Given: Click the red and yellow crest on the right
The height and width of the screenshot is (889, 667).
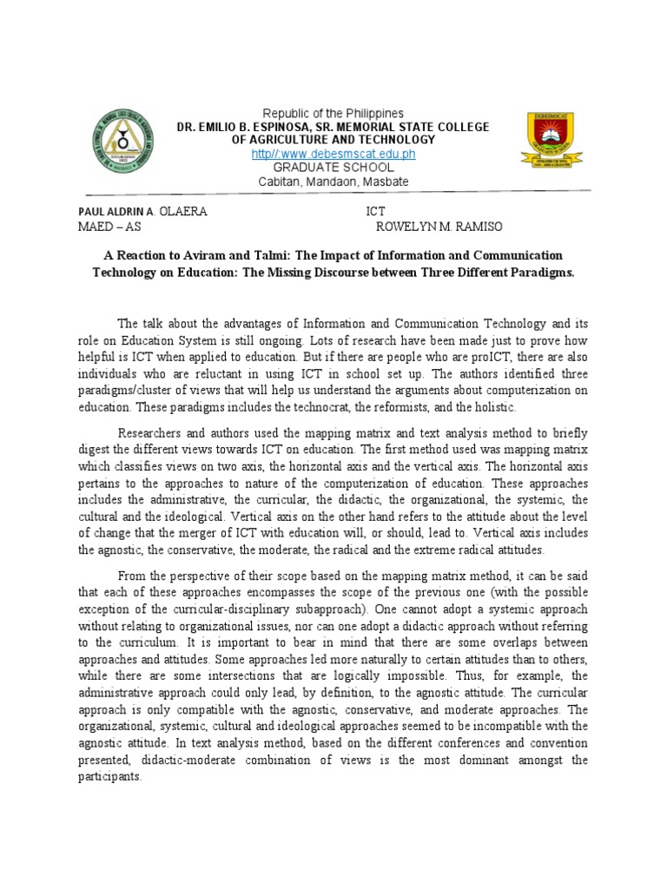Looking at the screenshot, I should point(545,140).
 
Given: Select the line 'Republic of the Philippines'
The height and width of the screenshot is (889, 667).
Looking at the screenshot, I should point(333,114).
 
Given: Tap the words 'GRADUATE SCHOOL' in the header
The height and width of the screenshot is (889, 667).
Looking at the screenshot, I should point(333,168).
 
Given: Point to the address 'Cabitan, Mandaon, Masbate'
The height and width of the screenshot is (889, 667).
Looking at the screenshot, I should point(333,181).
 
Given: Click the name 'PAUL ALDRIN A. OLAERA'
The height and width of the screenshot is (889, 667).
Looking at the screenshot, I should point(143,211).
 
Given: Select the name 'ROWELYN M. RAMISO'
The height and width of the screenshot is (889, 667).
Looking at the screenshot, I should point(439,227).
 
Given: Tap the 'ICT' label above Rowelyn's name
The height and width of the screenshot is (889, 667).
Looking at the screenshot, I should point(376,211).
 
